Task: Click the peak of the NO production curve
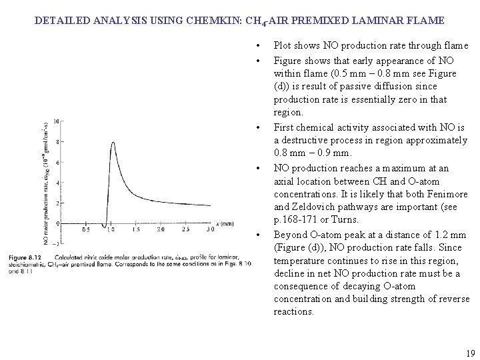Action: tap(113, 142)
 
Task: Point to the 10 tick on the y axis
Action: tap(58, 121)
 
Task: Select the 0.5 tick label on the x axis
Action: tap(86, 229)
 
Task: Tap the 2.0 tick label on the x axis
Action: tap(161, 229)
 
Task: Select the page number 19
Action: tap(471, 354)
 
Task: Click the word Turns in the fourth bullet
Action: tap(345, 219)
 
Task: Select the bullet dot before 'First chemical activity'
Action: tap(257, 127)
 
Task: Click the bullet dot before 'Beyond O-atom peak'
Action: tap(257, 235)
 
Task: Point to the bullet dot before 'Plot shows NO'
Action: tap(257, 46)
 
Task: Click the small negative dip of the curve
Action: tap(105, 227)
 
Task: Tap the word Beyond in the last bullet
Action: tap(291, 235)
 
